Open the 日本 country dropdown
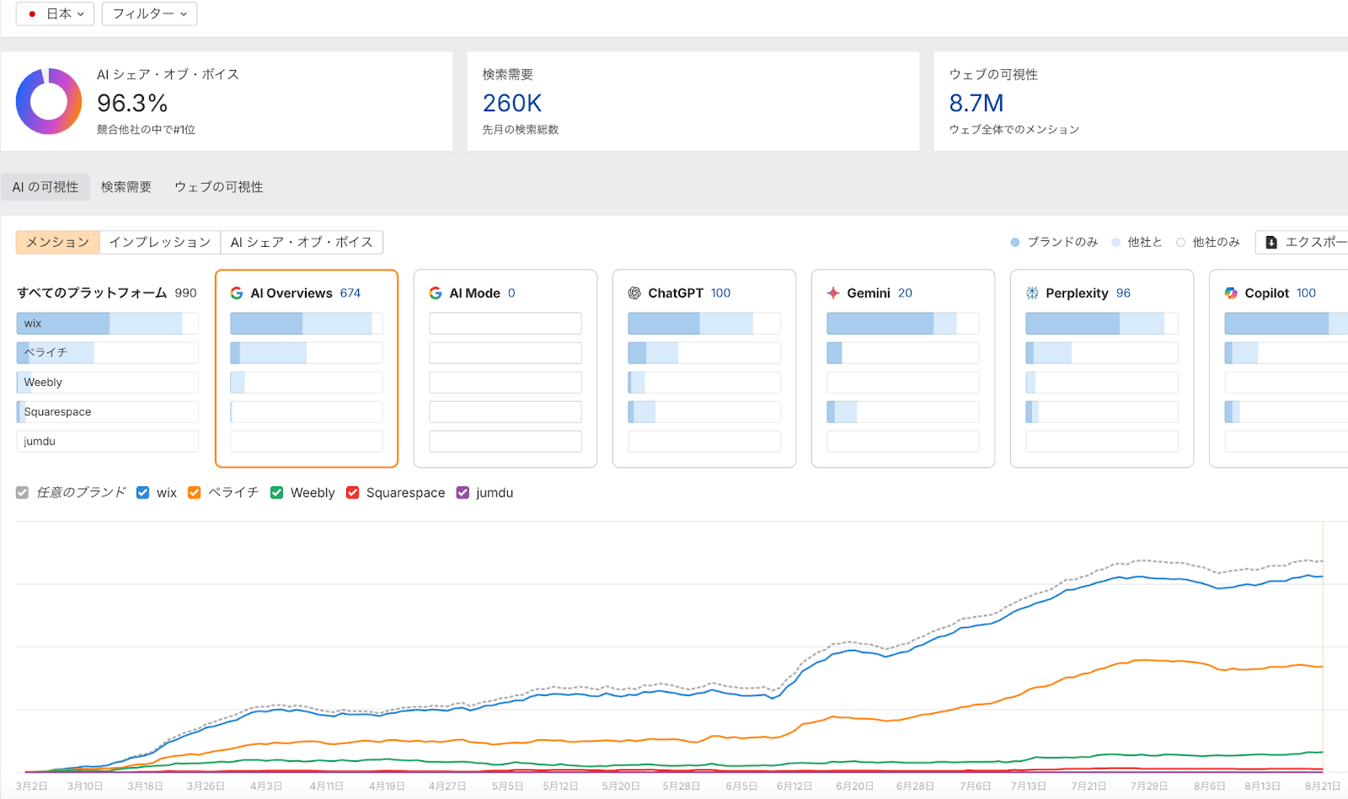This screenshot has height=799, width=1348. [x=55, y=13]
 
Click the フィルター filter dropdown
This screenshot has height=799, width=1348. [x=149, y=13]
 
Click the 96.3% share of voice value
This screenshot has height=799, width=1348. [x=132, y=103]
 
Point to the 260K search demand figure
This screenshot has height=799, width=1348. [x=511, y=103]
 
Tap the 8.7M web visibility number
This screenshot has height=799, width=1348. [x=976, y=103]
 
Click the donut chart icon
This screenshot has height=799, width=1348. [x=49, y=101]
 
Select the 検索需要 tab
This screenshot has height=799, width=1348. [x=126, y=187]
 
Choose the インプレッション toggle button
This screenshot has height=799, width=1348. [x=160, y=243]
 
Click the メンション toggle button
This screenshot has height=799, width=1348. [x=58, y=243]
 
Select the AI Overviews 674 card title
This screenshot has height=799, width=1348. [x=305, y=293]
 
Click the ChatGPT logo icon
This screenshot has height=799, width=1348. [x=634, y=293]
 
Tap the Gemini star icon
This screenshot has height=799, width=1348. [x=833, y=293]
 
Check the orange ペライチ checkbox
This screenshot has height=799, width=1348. [x=195, y=493]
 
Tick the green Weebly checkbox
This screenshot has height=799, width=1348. [x=276, y=493]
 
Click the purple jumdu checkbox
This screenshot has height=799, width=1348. [x=463, y=493]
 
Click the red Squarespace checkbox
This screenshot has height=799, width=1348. [x=353, y=493]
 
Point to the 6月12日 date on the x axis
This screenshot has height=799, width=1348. [x=794, y=786]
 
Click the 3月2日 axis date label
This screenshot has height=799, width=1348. [x=31, y=786]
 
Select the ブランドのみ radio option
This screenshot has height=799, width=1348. [x=1015, y=243]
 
